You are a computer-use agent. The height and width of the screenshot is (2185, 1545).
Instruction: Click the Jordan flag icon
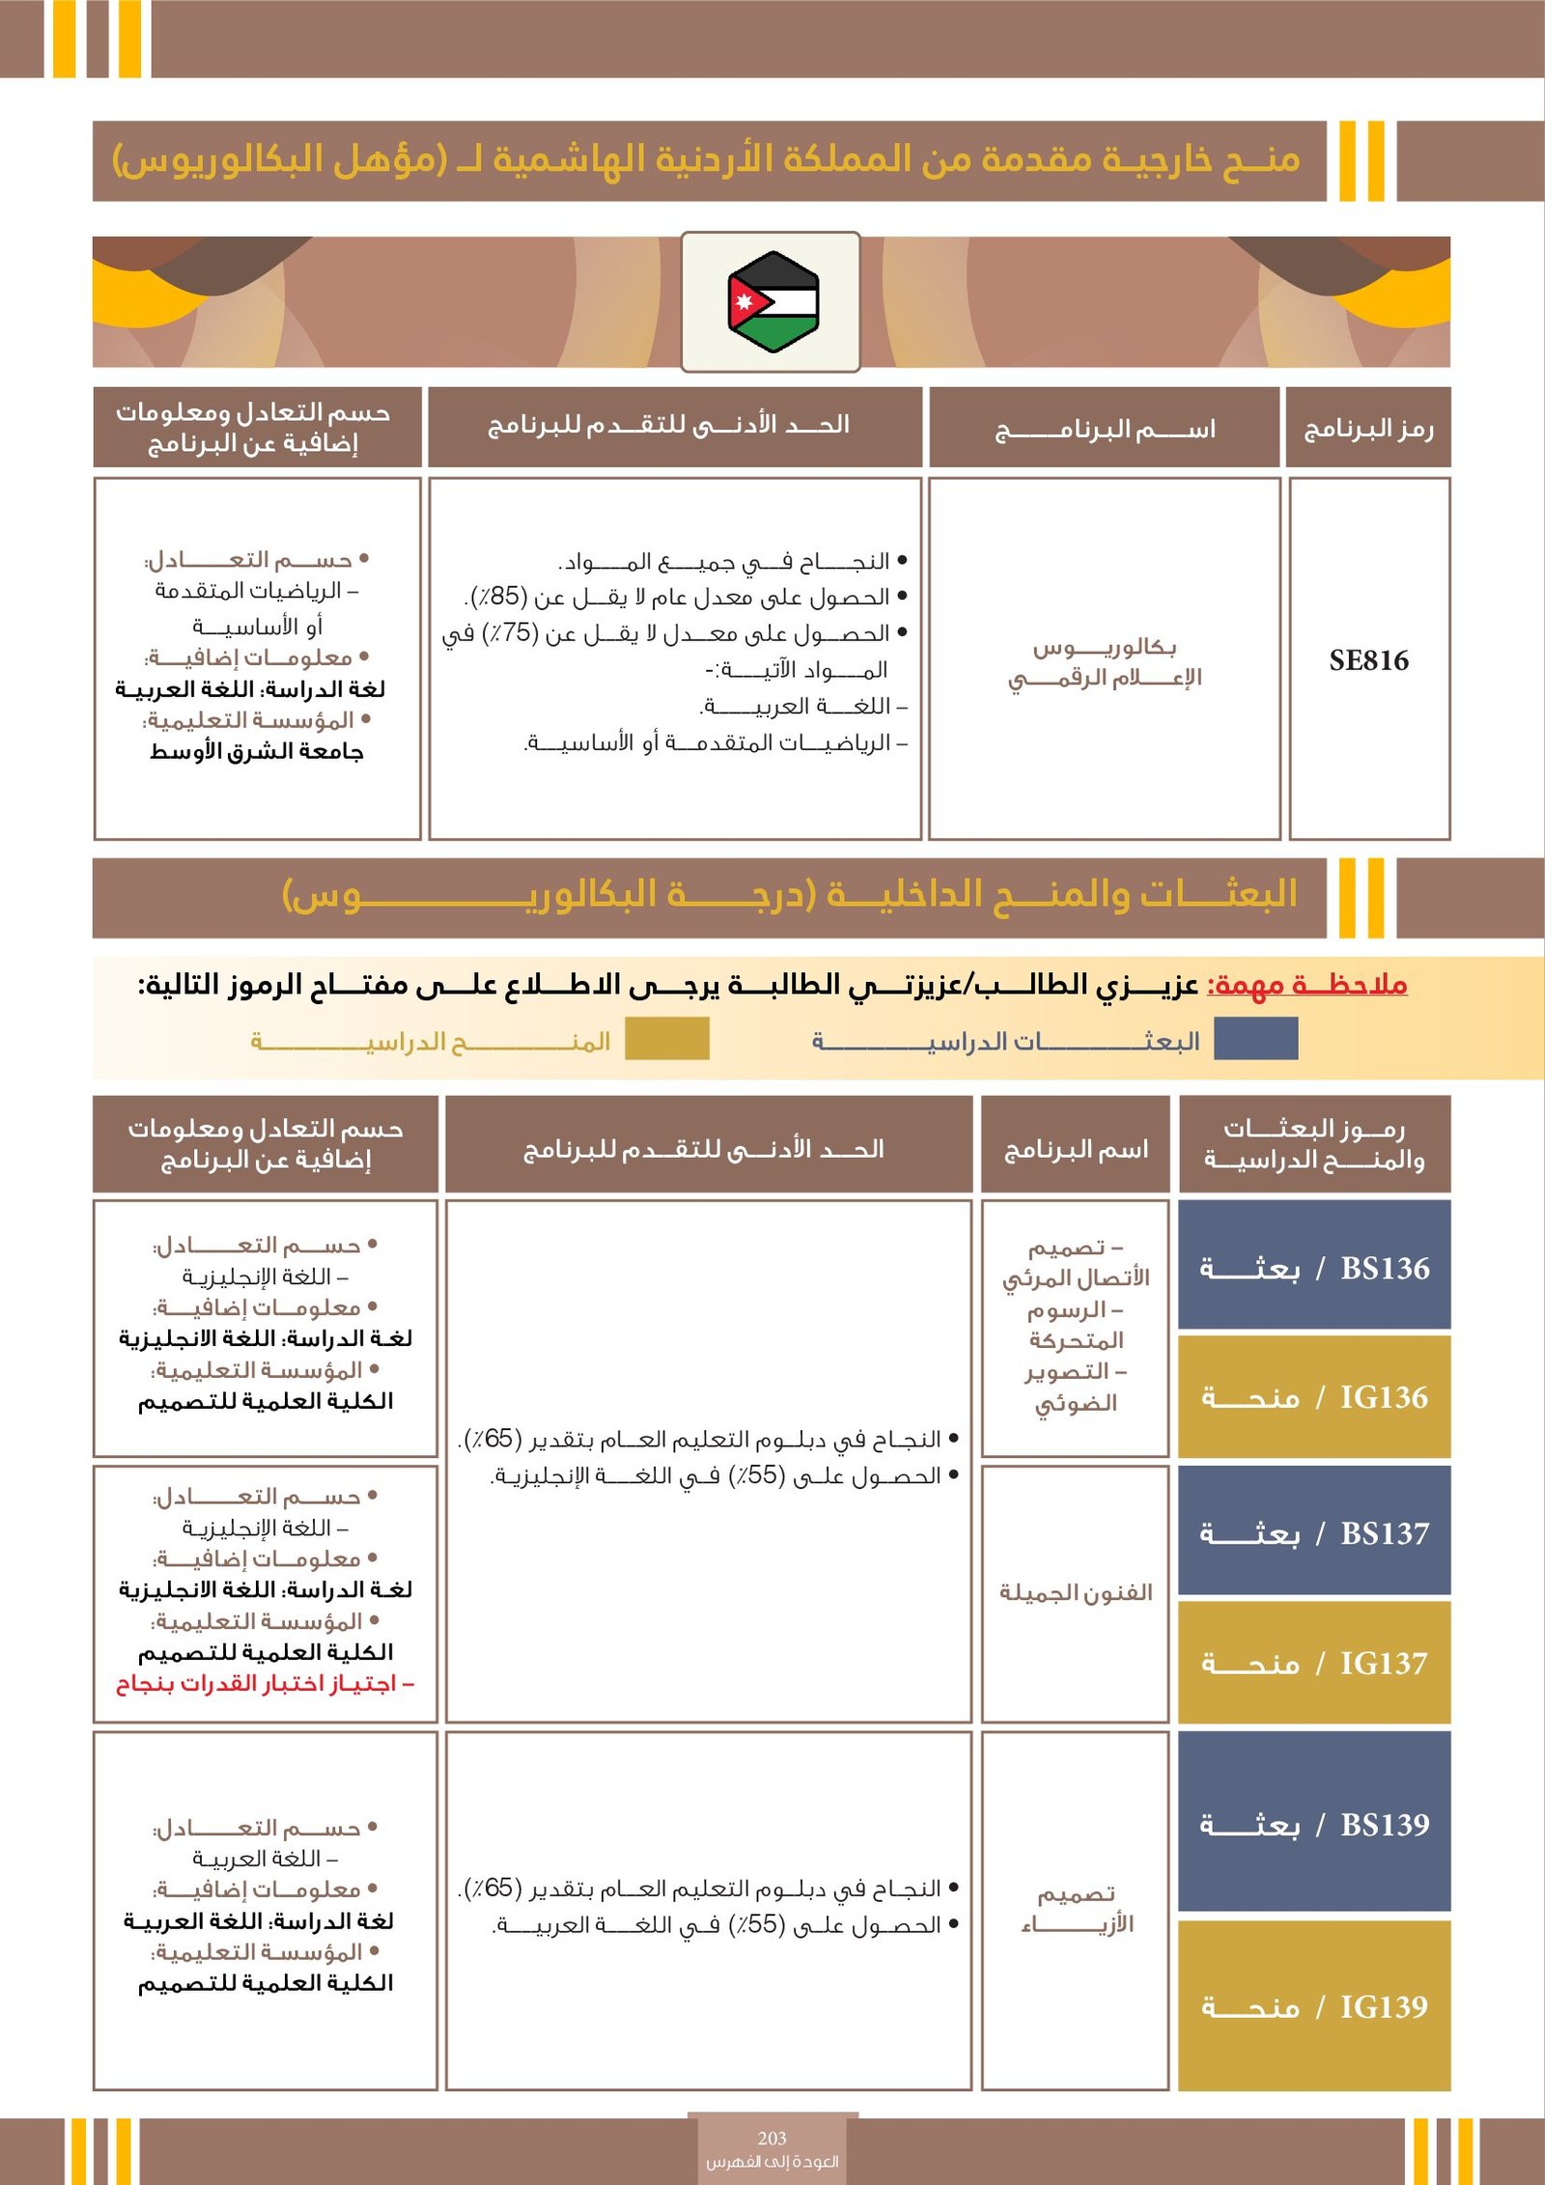click(x=772, y=301)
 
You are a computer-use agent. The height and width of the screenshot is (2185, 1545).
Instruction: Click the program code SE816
click(x=1368, y=660)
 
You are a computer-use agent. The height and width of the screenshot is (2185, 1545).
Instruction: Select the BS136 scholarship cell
click(x=1314, y=1267)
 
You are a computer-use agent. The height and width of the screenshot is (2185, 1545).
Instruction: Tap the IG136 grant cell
click(x=1314, y=1396)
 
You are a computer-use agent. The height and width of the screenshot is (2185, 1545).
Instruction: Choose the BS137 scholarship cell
click(x=1314, y=1532)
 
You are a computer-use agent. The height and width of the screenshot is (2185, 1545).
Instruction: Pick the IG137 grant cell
click(x=1314, y=1663)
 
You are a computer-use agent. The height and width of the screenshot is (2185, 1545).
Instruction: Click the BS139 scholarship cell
click(x=1314, y=1824)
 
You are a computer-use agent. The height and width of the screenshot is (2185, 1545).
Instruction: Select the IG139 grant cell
click(x=1314, y=2006)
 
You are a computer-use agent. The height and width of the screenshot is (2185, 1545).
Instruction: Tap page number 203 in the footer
click(x=772, y=2138)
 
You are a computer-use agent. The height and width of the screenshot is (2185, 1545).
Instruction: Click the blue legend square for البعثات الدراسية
click(x=1255, y=1040)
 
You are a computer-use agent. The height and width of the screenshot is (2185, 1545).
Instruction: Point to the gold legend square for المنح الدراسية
click(x=666, y=1040)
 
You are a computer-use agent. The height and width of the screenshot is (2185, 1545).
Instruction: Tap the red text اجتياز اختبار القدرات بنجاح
click(x=265, y=1684)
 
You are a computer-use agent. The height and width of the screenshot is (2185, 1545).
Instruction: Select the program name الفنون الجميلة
click(x=1076, y=1592)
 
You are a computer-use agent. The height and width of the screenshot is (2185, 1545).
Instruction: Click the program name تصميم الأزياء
click(x=1076, y=1908)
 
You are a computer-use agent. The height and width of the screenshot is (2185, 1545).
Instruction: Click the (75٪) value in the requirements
click(x=511, y=633)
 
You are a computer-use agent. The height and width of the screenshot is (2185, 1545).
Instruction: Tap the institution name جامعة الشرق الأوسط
click(x=257, y=751)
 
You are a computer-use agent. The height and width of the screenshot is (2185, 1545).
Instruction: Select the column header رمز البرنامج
click(x=1368, y=428)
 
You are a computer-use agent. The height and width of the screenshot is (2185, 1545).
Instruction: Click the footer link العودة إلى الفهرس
click(x=772, y=2161)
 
